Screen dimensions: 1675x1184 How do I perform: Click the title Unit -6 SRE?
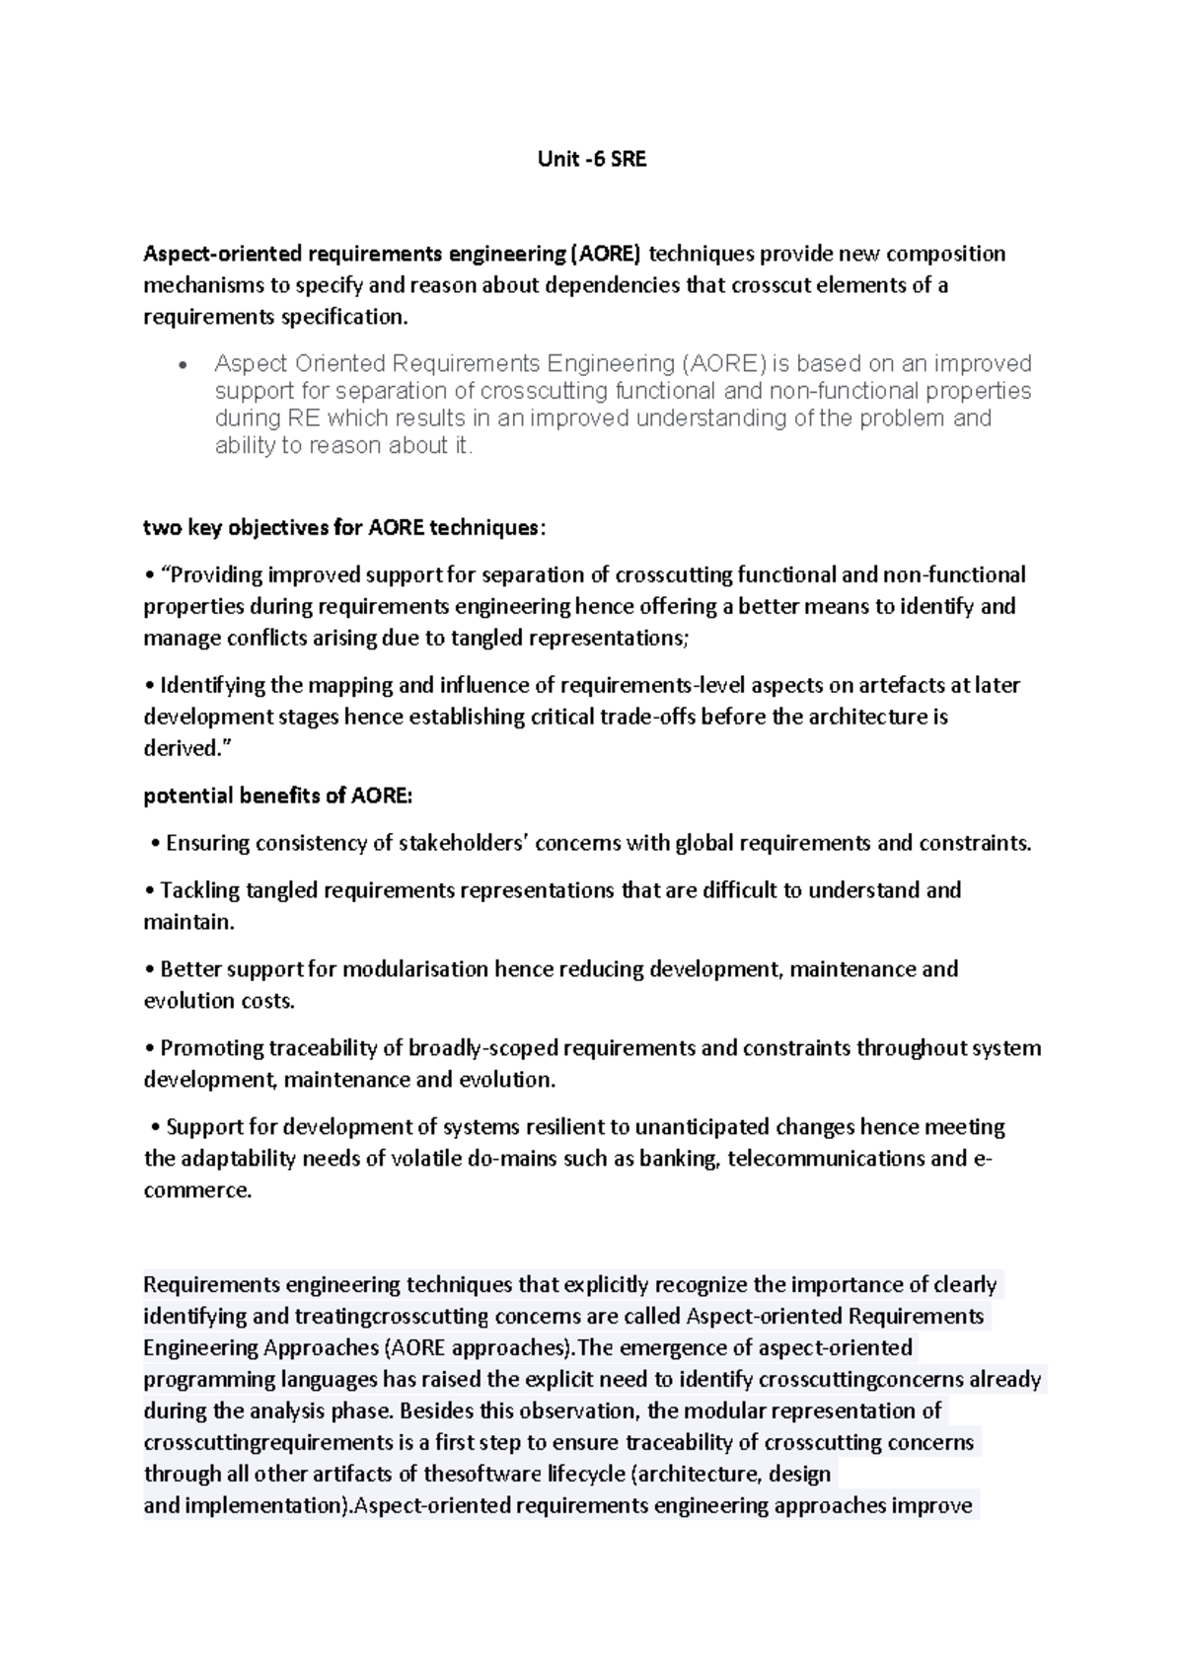(x=592, y=159)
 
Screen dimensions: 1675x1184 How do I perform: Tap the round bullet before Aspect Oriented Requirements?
(x=182, y=365)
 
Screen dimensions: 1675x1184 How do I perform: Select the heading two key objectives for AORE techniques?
(x=343, y=527)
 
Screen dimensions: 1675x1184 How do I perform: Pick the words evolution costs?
(x=219, y=1001)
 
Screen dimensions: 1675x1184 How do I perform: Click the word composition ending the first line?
(x=945, y=254)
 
